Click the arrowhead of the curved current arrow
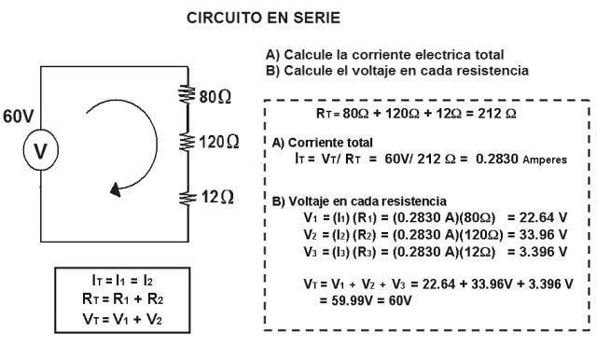point(116,189)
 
